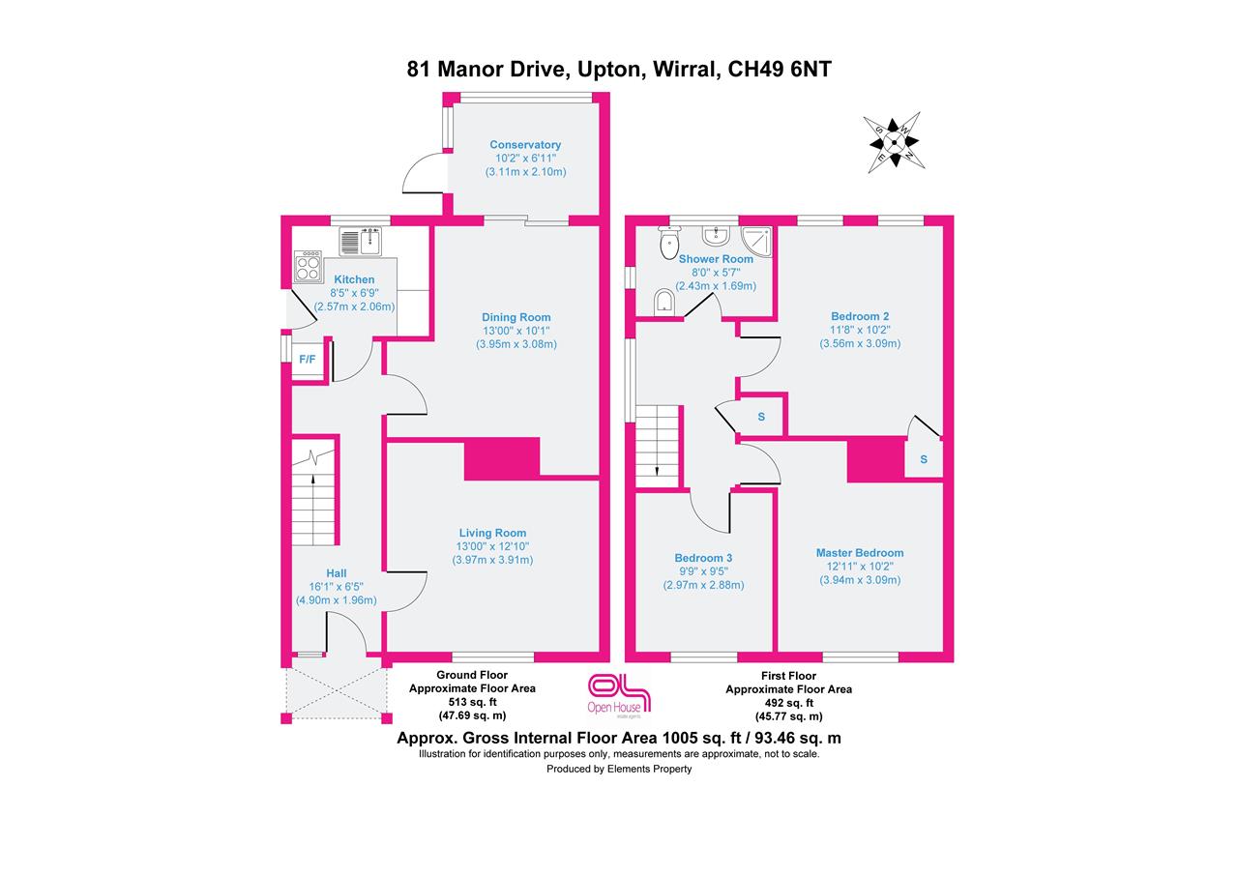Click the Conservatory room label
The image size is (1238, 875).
click(x=524, y=145)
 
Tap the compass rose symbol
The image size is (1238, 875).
click(x=895, y=143)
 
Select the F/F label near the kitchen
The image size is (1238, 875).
click(x=308, y=360)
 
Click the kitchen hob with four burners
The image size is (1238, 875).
click(x=309, y=266)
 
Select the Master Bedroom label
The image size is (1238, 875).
click(x=859, y=553)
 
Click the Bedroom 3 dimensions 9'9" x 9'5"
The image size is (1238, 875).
click(x=703, y=571)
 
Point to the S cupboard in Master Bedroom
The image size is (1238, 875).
click(x=924, y=460)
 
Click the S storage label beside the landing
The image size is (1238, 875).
click(x=761, y=417)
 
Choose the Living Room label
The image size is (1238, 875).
click(x=492, y=533)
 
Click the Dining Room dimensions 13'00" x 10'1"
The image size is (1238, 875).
click(x=516, y=331)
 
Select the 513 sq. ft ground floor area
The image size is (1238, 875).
click(x=472, y=703)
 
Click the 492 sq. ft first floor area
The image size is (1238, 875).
click(x=788, y=703)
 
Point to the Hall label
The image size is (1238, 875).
click(x=336, y=573)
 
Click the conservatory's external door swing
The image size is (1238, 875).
click(x=423, y=175)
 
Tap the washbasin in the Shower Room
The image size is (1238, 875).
click(x=717, y=236)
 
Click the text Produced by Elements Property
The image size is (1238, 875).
click(x=619, y=770)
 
